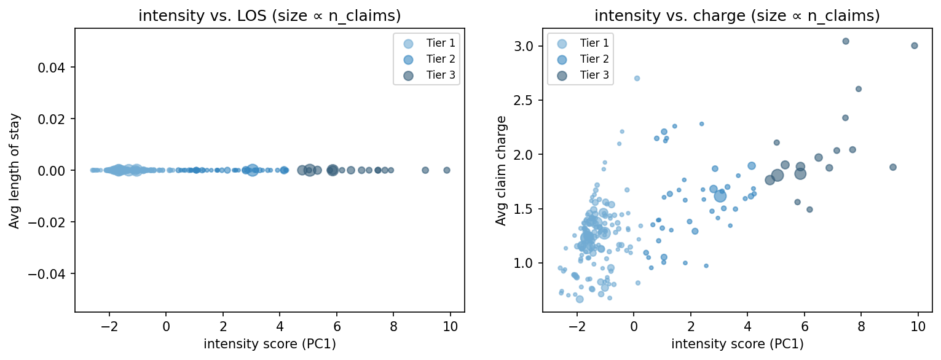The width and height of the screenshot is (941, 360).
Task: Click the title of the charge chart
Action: pyautogui.click(x=738, y=17)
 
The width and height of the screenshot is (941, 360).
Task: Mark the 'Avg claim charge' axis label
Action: pyautogui.click(x=502, y=170)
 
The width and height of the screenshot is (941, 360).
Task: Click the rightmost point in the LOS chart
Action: pyautogui.click(x=447, y=170)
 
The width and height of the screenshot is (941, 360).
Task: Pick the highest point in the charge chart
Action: pyautogui.click(x=846, y=41)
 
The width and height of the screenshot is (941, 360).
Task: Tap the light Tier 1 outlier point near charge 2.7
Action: pyautogui.click(x=637, y=78)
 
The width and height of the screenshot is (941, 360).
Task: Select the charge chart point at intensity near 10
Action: pyautogui.click(x=915, y=45)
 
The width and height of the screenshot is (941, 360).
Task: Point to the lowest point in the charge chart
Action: pyautogui.click(x=580, y=299)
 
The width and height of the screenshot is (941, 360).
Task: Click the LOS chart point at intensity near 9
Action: pyautogui.click(x=425, y=170)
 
